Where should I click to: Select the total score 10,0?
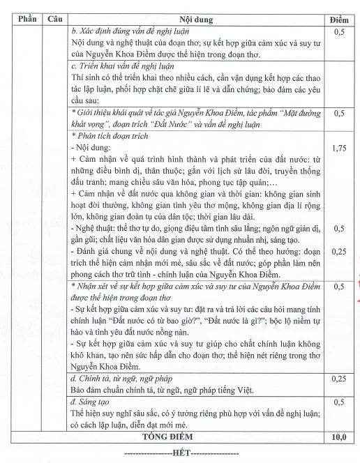coord(338,437)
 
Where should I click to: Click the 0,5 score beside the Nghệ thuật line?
coord(338,228)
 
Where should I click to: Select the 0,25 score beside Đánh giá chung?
coord(338,250)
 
